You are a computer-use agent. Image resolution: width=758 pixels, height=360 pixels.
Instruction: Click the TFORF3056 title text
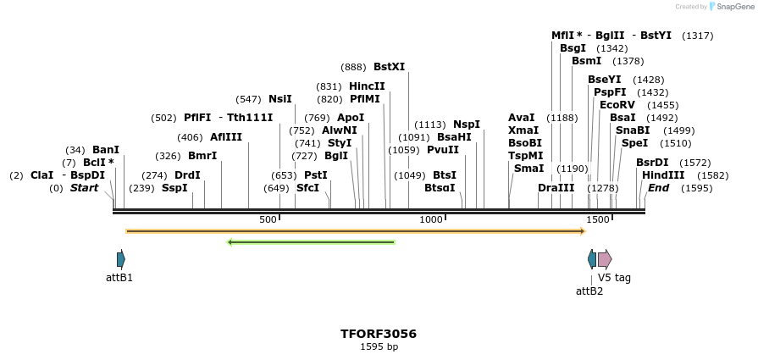(379, 334)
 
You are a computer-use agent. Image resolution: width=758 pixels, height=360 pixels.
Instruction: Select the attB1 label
(119, 277)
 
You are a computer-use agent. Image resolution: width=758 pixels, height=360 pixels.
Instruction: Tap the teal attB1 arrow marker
(121, 259)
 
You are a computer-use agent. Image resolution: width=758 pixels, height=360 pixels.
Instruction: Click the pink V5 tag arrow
(605, 259)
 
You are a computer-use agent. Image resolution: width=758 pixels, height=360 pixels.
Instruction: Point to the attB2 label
(589, 291)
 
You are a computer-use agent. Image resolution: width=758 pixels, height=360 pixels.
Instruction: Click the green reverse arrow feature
(311, 242)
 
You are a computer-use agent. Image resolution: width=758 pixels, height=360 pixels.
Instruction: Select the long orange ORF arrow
(356, 230)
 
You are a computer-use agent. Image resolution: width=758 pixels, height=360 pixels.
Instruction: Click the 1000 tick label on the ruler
(431, 219)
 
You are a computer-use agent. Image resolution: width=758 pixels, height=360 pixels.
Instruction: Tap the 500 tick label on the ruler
(268, 219)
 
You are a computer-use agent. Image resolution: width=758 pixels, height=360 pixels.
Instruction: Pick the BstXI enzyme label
(389, 67)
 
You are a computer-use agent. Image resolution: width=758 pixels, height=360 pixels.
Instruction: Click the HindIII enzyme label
(663, 175)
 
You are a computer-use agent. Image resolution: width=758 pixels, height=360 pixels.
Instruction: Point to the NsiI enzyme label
(280, 99)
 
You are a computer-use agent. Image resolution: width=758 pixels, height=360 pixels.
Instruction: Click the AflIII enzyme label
(226, 137)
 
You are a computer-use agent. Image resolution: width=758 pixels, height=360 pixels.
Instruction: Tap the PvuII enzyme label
(443, 150)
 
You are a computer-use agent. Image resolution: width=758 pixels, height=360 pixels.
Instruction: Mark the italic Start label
(85, 188)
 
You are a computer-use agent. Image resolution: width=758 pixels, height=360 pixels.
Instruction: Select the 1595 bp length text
(379, 346)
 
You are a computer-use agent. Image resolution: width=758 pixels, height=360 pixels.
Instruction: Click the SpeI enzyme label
(634, 143)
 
